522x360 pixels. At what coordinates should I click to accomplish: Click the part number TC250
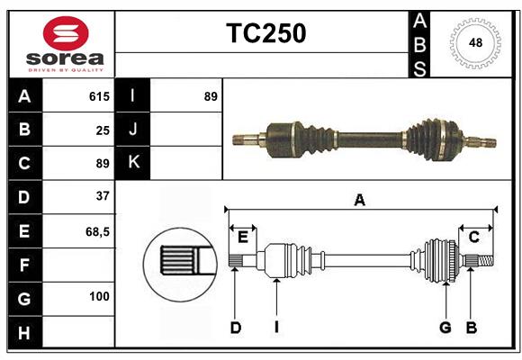coord(265,33)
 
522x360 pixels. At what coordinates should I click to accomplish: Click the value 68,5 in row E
coord(97,231)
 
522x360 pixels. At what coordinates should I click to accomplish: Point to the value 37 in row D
coord(103,196)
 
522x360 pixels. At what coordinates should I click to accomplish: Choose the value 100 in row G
coord(99,296)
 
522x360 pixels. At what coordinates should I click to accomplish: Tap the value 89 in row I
coord(211,96)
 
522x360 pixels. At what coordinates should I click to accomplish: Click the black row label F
coord(24,265)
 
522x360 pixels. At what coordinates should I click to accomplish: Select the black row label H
coord(24,332)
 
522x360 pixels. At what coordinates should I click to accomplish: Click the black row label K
coord(133,163)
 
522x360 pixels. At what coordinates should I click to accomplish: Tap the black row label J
coord(133,130)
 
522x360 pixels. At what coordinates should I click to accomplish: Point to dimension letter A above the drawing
coord(359,201)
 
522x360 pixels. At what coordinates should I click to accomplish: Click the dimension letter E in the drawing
coord(243,237)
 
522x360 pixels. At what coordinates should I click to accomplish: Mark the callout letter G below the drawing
coord(445,328)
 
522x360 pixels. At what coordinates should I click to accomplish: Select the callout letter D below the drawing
coord(235,328)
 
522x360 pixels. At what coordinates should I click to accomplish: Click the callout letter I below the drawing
coord(277,328)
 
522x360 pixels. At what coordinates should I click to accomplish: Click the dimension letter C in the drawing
coord(473,237)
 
